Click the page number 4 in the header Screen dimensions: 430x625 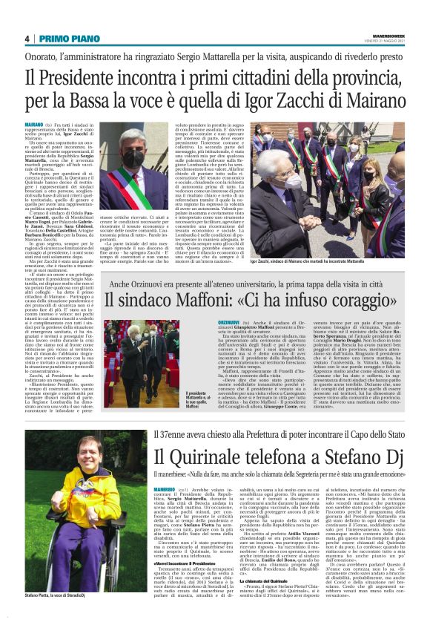27,39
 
